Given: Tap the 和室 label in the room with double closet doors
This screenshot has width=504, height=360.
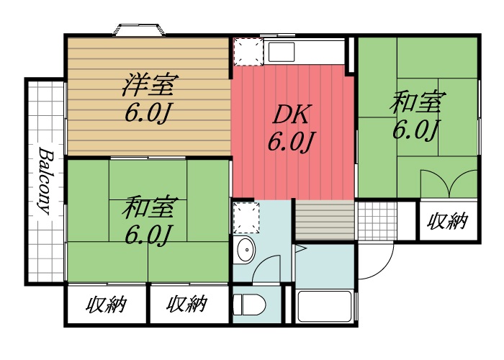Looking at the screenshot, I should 415,103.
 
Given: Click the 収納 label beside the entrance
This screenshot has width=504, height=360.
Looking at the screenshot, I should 447,221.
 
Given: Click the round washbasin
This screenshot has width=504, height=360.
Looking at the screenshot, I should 246,250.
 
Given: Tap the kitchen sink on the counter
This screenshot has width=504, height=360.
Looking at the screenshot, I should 282,52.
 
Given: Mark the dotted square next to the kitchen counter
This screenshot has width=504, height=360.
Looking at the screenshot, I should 247,52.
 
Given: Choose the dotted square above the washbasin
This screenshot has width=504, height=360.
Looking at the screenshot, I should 245,215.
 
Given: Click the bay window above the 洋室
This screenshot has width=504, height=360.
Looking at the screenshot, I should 139,30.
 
